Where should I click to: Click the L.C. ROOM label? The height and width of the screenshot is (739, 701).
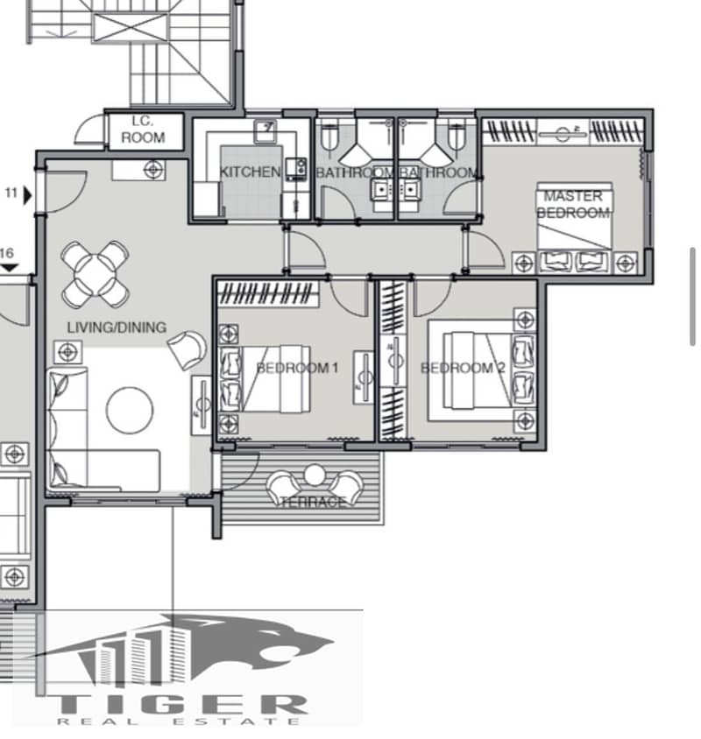point(143,130)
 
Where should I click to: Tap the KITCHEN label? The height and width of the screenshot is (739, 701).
point(250,172)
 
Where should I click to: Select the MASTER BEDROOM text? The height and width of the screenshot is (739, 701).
point(573,205)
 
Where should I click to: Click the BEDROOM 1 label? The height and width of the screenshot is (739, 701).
point(297,368)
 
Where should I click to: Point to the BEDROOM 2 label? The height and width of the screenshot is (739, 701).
point(463,368)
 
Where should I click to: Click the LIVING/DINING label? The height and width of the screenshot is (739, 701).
point(117,327)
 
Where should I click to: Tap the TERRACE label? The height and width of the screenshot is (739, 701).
point(313,502)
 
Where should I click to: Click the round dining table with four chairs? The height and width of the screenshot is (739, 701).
point(96,274)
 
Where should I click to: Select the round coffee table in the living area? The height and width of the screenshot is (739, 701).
point(130,410)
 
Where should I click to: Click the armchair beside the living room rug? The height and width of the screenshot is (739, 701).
point(188,349)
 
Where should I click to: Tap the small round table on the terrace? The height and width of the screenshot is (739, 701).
point(315,475)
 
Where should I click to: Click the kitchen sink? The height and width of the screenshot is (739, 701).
point(266,130)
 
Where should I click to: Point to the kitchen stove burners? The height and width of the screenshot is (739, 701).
point(296,168)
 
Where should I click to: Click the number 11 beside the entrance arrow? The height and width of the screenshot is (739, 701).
point(11,193)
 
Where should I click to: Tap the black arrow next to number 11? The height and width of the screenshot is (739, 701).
point(28,195)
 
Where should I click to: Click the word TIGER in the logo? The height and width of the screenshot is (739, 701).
point(181,706)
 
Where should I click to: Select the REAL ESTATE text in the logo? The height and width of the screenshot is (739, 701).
point(178,721)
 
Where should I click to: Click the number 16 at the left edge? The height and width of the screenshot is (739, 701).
point(7,254)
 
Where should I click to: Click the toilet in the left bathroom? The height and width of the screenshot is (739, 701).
point(329,136)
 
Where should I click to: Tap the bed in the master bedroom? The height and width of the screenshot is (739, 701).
point(575,228)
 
